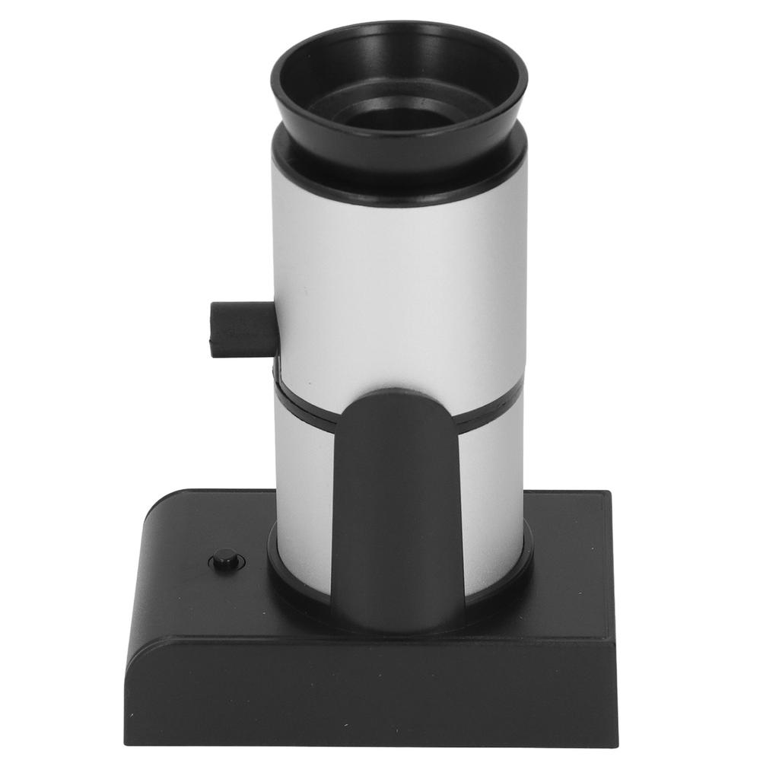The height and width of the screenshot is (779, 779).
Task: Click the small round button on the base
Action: coord(224,561)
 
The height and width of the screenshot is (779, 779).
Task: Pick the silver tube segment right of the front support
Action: coord(493,494)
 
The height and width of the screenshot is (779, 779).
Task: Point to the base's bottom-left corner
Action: coord(128,741)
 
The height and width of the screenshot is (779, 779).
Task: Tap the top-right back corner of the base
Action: coord(609,494)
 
